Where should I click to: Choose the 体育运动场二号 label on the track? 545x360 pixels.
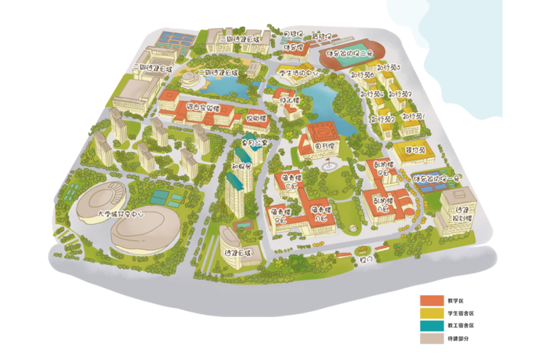tap(349, 53)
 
